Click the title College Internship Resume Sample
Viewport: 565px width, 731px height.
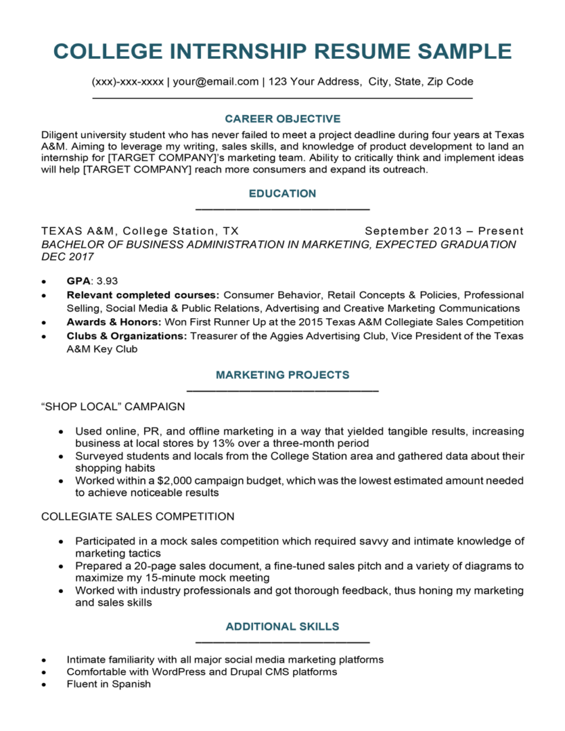click(x=282, y=51)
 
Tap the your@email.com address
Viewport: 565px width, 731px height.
click(x=216, y=82)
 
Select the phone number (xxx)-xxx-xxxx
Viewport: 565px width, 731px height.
click(x=128, y=82)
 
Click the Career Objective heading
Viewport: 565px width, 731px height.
click(x=282, y=118)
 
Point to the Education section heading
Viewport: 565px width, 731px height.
click(x=282, y=193)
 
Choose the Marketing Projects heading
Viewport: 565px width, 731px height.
click(x=282, y=375)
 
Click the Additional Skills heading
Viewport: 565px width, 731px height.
click(x=282, y=626)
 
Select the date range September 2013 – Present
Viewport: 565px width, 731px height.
click(x=444, y=231)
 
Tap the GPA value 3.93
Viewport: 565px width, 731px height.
click(x=107, y=281)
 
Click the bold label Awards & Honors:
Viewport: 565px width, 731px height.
click(x=114, y=322)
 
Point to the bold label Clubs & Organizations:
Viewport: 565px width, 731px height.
click(x=127, y=336)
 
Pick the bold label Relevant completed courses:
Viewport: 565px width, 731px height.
click(x=143, y=294)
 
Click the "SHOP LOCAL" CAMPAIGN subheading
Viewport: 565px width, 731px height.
click(x=113, y=406)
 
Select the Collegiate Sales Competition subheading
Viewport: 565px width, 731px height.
click(x=137, y=516)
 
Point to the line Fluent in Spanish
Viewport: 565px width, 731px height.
click(x=108, y=684)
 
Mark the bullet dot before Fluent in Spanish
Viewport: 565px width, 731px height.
click(x=44, y=685)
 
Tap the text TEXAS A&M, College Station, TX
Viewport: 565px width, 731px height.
click(x=140, y=231)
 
